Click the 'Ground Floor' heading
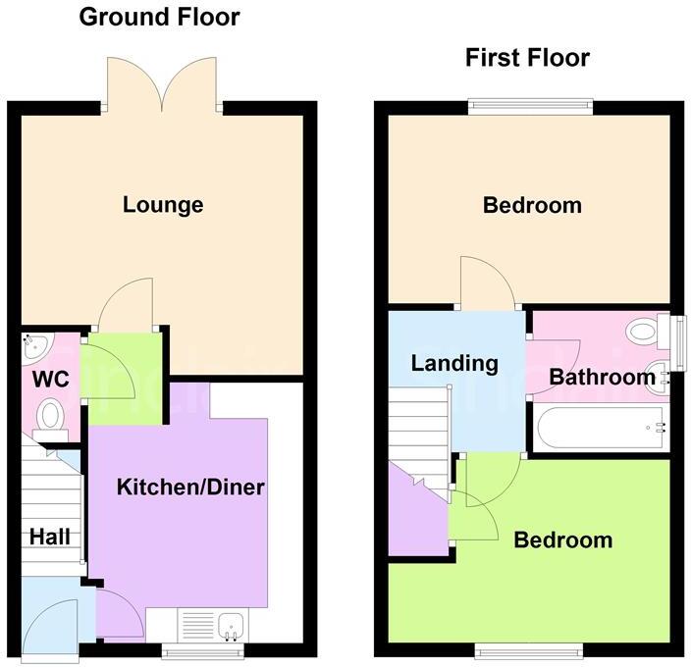158,17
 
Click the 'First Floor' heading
527,58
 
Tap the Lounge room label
163,205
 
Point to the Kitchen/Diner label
190,487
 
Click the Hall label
49,537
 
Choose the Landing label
454,363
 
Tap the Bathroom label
602,377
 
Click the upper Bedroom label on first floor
532,205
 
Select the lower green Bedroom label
563,540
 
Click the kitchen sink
232,625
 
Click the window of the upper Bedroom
530,101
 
